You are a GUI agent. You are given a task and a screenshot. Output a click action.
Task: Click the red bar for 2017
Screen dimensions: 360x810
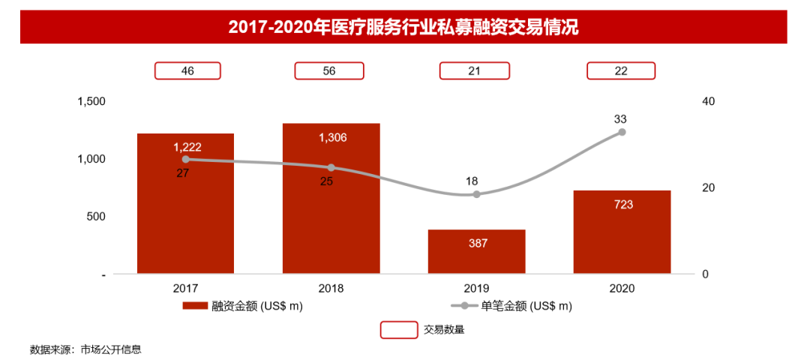click(x=185, y=217)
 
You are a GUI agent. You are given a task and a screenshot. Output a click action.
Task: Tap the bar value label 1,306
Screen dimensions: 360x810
click(x=332, y=138)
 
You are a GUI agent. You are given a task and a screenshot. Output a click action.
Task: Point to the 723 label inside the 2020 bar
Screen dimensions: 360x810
click(x=622, y=204)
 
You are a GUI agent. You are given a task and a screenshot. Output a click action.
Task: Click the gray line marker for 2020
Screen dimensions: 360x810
click(x=622, y=132)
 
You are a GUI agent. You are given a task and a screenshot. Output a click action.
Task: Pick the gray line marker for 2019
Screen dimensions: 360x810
click(x=476, y=194)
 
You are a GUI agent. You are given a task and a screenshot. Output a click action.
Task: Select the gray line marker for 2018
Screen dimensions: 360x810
click(x=331, y=167)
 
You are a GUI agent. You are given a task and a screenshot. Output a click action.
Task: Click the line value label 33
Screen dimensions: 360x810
click(x=620, y=118)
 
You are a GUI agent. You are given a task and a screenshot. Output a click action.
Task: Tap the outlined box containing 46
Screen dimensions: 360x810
click(x=187, y=70)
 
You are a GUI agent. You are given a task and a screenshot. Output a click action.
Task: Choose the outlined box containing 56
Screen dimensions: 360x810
click(x=329, y=70)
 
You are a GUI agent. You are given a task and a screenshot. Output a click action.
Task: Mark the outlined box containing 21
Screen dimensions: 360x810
click(x=475, y=70)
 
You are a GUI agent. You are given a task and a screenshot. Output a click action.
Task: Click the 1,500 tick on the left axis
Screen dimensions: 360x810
click(x=91, y=102)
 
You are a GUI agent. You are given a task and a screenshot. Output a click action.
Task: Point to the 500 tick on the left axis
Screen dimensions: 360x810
click(x=96, y=217)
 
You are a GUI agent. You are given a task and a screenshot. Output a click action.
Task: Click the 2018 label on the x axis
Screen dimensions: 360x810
click(x=331, y=288)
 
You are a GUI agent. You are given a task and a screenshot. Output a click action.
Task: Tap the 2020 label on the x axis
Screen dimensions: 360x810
click(x=622, y=288)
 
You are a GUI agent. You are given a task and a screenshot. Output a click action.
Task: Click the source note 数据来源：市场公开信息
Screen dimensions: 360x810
click(x=85, y=349)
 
